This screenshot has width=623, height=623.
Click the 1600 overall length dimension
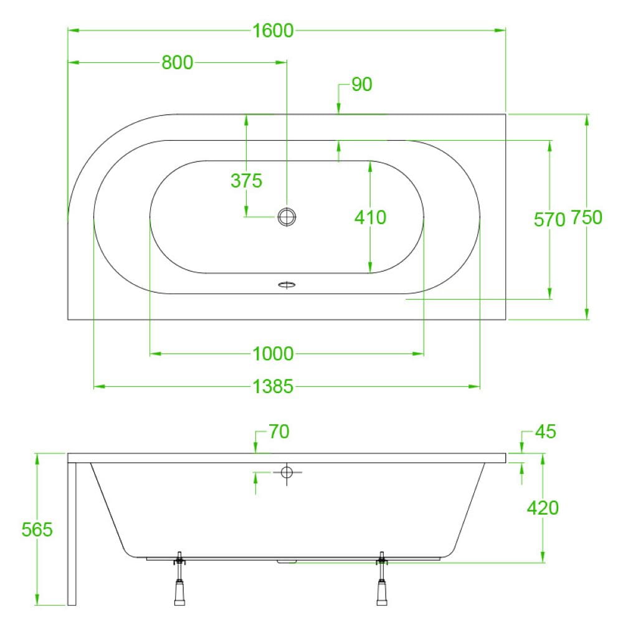tap(273, 31)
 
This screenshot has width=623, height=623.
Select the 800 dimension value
tap(177, 62)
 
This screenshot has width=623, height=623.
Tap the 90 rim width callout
tap(361, 84)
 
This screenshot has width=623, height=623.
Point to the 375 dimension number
tap(246, 181)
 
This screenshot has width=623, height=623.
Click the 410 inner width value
tap(370, 217)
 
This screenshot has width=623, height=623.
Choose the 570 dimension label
tap(549, 219)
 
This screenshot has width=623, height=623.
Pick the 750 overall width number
tap(586, 217)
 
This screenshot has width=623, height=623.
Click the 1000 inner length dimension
tap(273, 354)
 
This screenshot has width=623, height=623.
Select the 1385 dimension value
tap(273, 386)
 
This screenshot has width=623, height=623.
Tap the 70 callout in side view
tap(279, 432)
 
